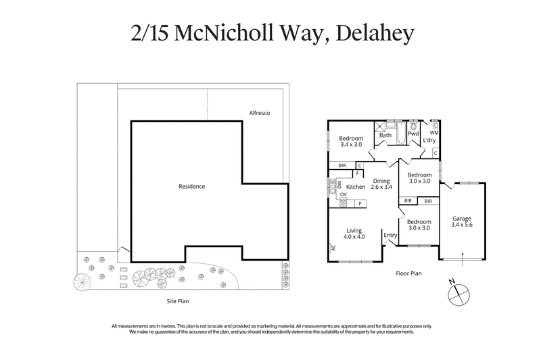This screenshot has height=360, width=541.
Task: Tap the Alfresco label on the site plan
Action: coord(258,113)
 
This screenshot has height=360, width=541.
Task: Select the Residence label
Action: coord(191,186)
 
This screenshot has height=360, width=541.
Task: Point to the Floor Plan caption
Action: coord(408,274)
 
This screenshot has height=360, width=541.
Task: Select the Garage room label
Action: coord(462,219)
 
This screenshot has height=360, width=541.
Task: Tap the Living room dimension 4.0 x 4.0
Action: coord(354,237)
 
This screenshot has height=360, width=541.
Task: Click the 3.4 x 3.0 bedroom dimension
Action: coord(350,145)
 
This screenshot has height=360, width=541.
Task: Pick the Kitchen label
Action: coord(356,187)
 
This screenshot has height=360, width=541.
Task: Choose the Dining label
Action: coord(381,181)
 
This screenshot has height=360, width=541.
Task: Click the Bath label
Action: coord(385,135)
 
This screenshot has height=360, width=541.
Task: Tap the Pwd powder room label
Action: coord(413,134)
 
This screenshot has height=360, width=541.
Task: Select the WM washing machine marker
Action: coord(434,133)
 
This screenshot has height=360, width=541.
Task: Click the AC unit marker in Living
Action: coord(333,248)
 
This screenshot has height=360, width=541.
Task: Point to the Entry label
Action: coord(390,235)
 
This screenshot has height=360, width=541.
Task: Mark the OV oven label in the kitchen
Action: coord(344,194)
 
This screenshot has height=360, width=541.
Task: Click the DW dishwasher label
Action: coord(339,184)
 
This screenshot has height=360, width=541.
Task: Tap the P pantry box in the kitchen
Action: coord(360,204)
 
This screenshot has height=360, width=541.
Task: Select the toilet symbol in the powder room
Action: coord(413,125)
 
